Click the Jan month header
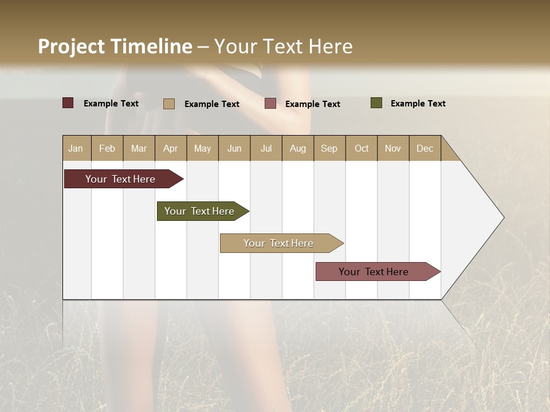76,148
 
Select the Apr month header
171,148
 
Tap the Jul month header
266,148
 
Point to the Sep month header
329,148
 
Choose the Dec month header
425,148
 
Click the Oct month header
362,148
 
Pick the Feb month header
107,148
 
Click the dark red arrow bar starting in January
120,179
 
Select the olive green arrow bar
199,211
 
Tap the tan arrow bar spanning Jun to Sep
278,243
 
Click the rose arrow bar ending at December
374,272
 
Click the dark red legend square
68,103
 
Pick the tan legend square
169,104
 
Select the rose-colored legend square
270,104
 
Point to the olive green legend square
376,103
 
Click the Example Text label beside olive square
418,104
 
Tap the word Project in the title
72,46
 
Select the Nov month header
393,148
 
